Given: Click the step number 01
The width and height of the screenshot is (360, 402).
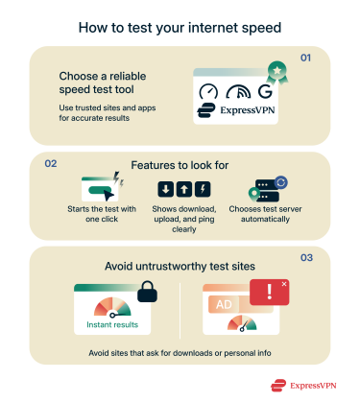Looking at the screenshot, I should pos(307,59).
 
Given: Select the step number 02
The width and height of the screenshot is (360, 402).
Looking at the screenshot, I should pos(52,163).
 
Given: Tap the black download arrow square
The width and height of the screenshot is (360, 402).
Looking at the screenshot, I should pos(165,188).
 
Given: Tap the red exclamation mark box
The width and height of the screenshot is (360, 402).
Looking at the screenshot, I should pos(270,292).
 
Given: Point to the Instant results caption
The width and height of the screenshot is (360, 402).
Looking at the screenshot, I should pos(113,327).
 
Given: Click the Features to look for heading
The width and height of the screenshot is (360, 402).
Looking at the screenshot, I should pos(180,164).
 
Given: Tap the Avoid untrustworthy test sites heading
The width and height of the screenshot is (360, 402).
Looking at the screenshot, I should pos(180,265).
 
